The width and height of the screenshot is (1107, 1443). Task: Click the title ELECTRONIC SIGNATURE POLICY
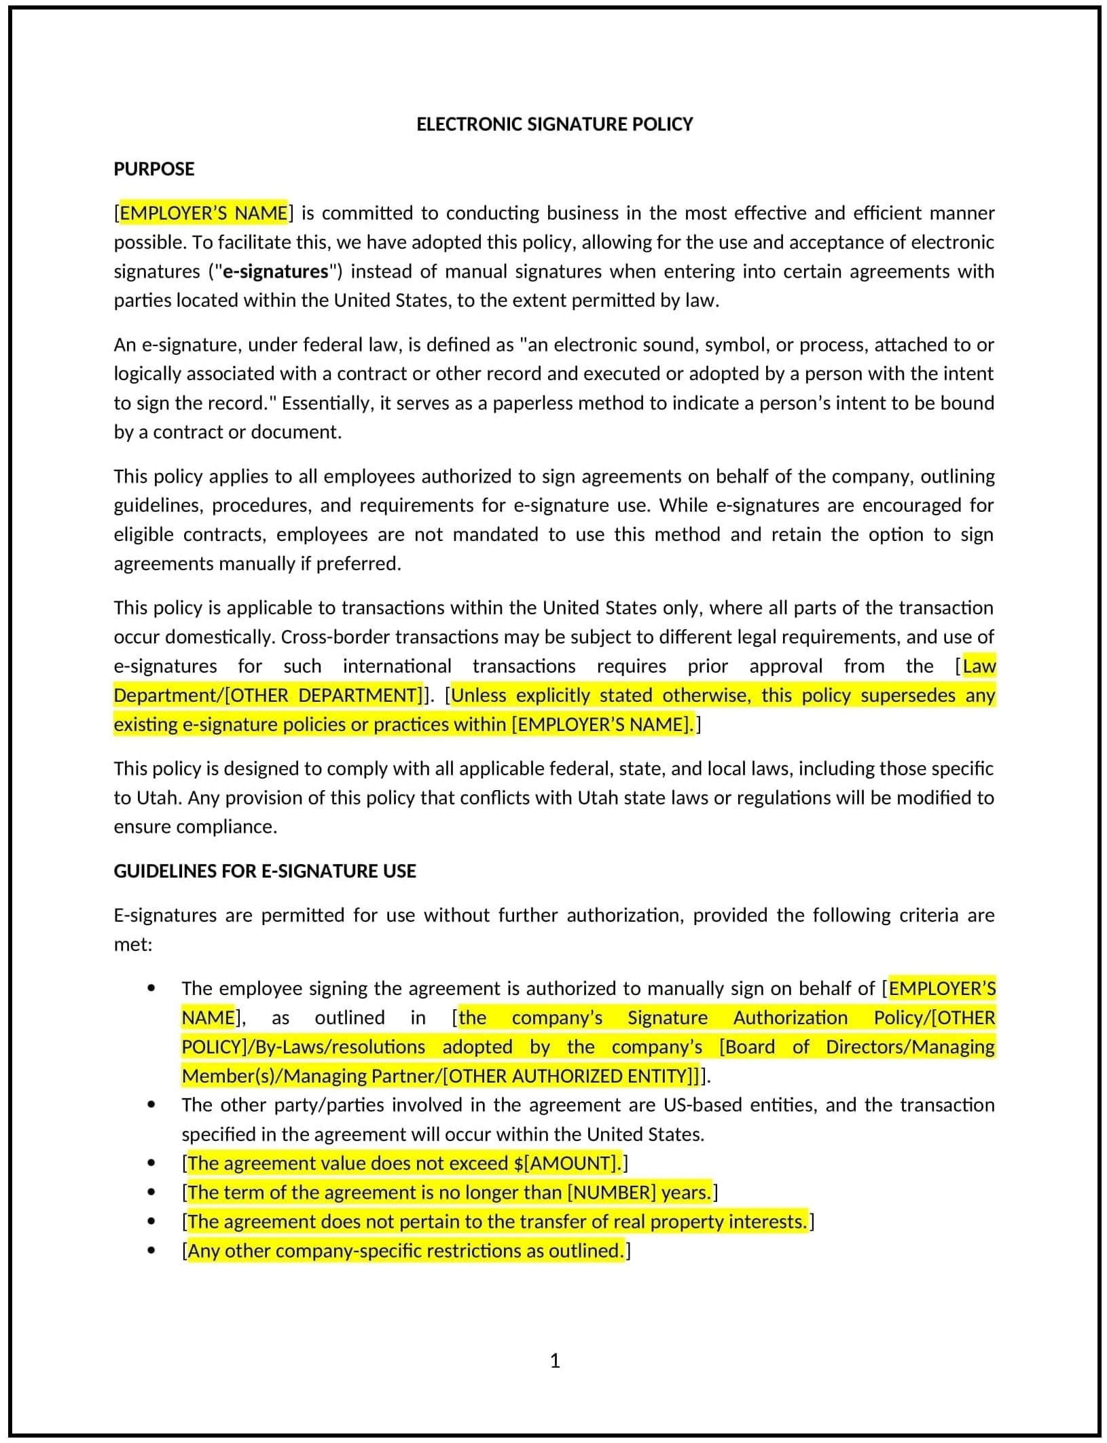(x=554, y=124)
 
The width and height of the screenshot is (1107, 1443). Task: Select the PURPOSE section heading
(x=154, y=169)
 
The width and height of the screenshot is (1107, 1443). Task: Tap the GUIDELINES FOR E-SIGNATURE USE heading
(x=265, y=871)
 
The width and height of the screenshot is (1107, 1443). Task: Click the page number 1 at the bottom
(x=554, y=1360)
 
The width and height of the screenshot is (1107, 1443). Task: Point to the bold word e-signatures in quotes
(x=275, y=271)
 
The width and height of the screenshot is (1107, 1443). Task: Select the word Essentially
(x=327, y=403)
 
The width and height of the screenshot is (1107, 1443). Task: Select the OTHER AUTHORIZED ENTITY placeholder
(x=568, y=1076)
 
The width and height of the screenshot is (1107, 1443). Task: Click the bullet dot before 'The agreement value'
(x=151, y=1163)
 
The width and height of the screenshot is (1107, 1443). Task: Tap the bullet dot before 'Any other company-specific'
(x=151, y=1250)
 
